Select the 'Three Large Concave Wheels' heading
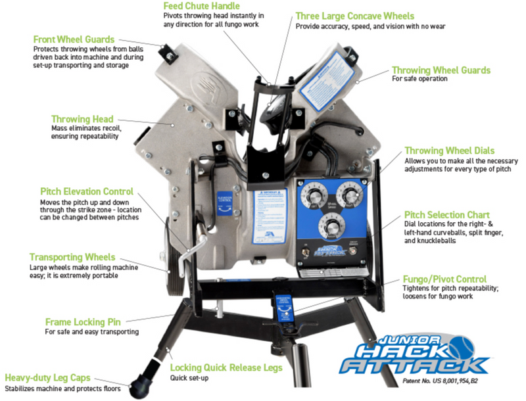pyautogui.click(x=355, y=16)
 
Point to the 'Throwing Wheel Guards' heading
pyautogui.click(x=441, y=70)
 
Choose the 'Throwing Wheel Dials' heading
pyautogui.click(x=449, y=151)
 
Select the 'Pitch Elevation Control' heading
pyautogui.click(x=86, y=191)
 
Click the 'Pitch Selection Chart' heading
pyautogui.click(x=446, y=215)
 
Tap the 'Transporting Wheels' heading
pyautogui.click(x=72, y=257)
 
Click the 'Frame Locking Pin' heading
pyautogui.click(x=84, y=322)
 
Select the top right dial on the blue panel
pyautogui.click(x=347, y=195)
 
